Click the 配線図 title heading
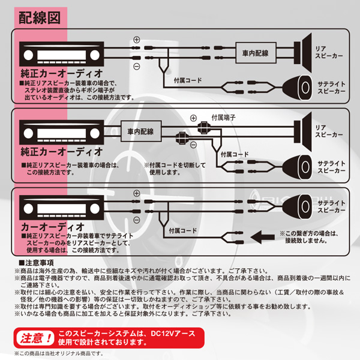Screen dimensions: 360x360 pyautogui.click(x=40, y=17)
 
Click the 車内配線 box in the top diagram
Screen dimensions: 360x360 pyautogui.click(x=256, y=53)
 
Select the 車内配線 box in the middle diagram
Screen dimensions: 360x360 pyautogui.click(x=141, y=131)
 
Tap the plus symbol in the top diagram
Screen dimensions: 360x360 pyautogui.click(x=137, y=40)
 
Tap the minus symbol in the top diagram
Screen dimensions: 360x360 pyautogui.click(x=137, y=67)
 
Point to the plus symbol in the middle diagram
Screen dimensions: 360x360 pyautogui.click(x=194, y=118)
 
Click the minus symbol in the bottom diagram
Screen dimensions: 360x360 pyautogui.click(x=137, y=220)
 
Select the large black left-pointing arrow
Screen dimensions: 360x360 pyautogui.click(x=263, y=237)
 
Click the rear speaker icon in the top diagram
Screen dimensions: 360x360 pyautogui.click(x=303, y=53)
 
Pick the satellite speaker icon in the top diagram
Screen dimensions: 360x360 pyautogui.click(x=297, y=88)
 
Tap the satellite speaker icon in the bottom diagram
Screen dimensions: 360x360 pyautogui.click(x=297, y=206)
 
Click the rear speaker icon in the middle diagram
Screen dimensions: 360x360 pyautogui.click(x=303, y=132)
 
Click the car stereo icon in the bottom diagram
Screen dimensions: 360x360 pyautogui.click(x=62, y=208)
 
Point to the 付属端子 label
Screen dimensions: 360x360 pyautogui.click(x=223, y=118)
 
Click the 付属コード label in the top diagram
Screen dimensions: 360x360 pyautogui.click(x=188, y=80)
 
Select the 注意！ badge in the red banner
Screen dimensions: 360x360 pyautogui.click(x=35, y=338)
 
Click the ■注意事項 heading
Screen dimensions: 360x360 pyautogui.click(x=36, y=263)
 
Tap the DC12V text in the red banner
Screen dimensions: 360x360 pyautogui.click(x=163, y=334)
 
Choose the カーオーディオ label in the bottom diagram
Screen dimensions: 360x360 pyautogui.click(x=52, y=227)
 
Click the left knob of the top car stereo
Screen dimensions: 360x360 pyautogui.click(x=28, y=55)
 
